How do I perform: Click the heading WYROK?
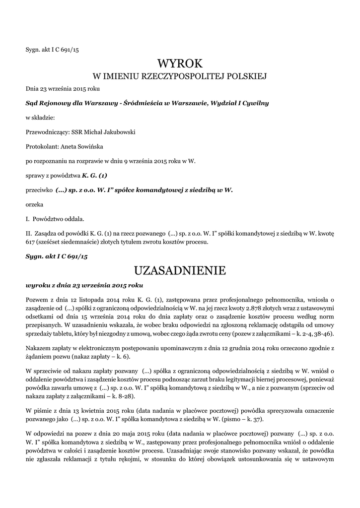180,63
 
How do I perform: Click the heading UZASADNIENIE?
180,270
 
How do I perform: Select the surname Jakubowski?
118,132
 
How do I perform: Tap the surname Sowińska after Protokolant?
88,147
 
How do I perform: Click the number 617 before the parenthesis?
31,243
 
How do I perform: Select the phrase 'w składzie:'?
40,118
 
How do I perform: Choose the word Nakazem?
39,348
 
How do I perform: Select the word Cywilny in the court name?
255,103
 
